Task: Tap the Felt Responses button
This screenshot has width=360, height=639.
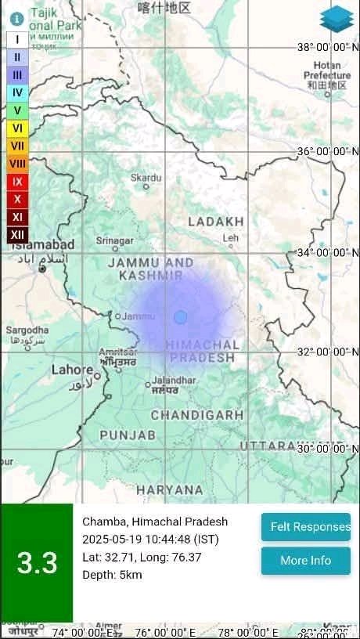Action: [x=305, y=527]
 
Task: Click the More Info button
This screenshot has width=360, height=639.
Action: [x=305, y=561]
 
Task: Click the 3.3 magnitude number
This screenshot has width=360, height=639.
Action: [x=37, y=564]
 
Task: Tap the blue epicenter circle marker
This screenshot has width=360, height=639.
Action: [x=181, y=317]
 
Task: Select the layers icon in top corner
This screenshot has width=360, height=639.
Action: [x=337, y=19]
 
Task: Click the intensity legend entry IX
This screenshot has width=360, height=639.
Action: [x=17, y=182]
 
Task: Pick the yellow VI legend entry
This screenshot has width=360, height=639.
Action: [x=17, y=128]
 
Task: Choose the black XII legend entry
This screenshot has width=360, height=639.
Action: [x=17, y=234]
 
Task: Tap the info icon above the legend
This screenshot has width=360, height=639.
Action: [x=16, y=18]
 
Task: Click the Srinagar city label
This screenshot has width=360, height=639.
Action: [x=114, y=240]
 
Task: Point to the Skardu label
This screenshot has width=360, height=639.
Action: [x=146, y=179]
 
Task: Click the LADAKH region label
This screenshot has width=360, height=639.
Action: [x=216, y=222]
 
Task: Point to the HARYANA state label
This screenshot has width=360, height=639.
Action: [x=170, y=489]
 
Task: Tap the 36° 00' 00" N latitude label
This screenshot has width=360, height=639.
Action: [x=328, y=151]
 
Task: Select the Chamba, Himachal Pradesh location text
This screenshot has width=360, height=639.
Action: [x=155, y=522]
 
